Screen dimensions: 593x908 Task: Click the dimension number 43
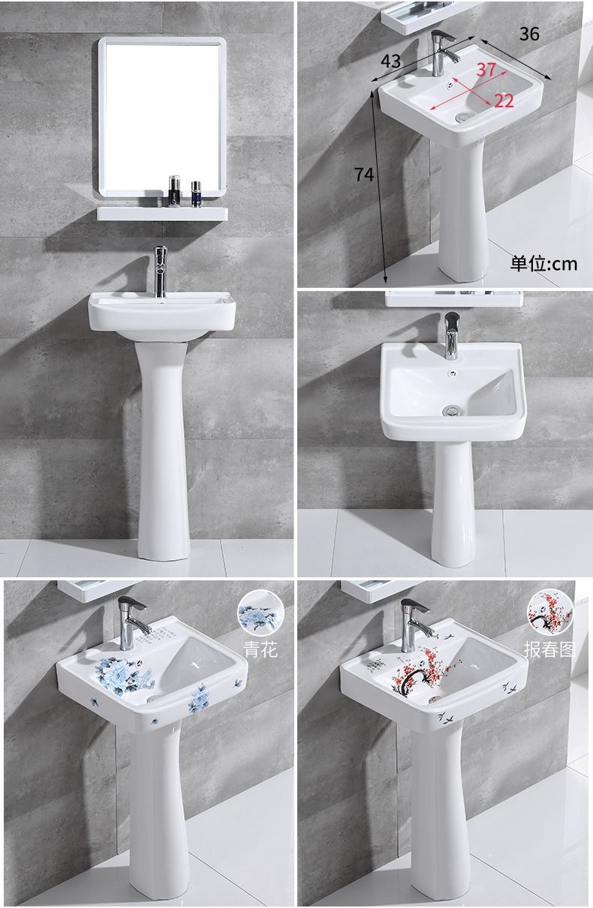click(x=390, y=61)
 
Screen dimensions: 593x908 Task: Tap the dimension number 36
click(x=529, y=34)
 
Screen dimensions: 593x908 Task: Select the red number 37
click(x=486, y=70)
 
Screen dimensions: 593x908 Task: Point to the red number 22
click(x=504, y=101)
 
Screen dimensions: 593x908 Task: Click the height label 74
click(x=364, y=175)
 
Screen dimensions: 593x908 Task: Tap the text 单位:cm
click(x=543, y=264)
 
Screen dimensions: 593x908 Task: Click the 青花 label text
click(x=260, y=649)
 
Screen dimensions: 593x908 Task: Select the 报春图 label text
click(x=549, y=649)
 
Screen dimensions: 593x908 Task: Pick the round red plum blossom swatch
click(x=549, y=613)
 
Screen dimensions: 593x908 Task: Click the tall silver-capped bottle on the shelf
click(x=175, y=192)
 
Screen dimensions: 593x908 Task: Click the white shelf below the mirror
click(x=162, y=214)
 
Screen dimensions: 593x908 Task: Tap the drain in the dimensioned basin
click(x=462, y=117)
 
